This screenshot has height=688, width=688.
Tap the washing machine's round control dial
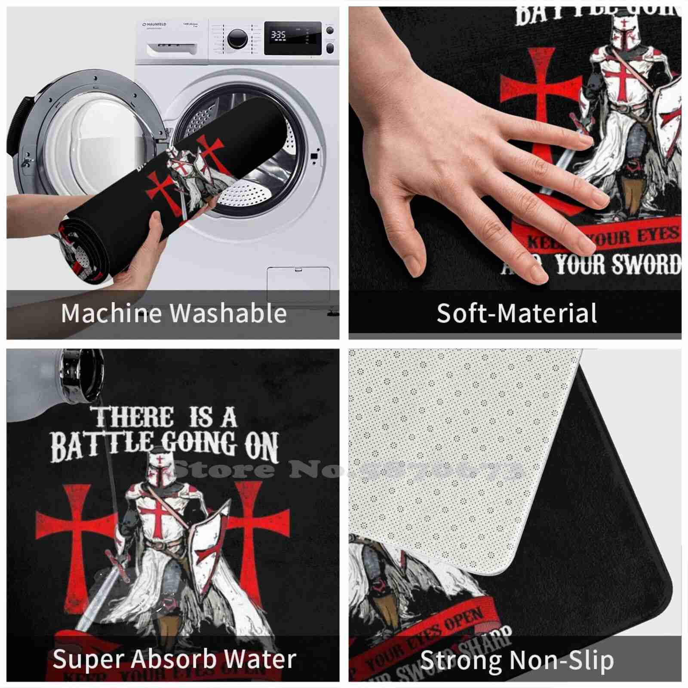pyautogui.click(x=237, y=38)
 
